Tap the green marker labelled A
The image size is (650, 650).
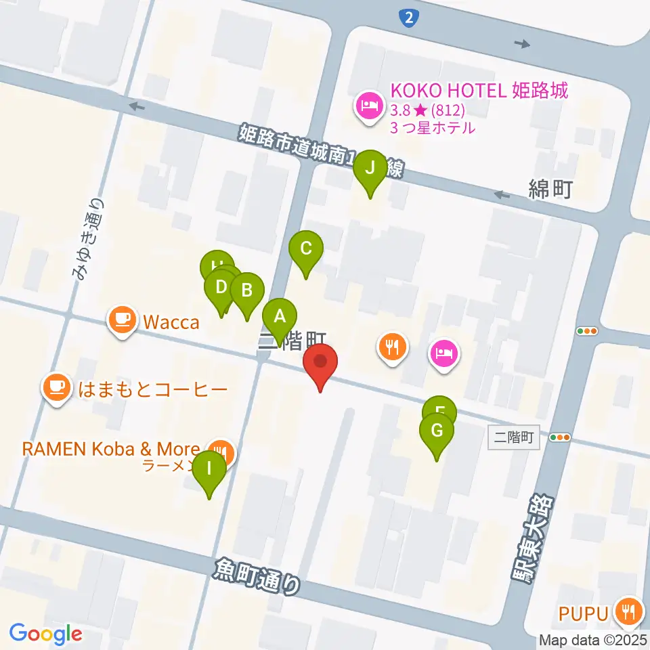click(x=279, y=316)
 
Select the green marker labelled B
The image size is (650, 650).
click(x=247, y=290)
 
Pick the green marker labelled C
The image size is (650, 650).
click(x=306, y=248)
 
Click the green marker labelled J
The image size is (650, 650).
click(x=370, y=167)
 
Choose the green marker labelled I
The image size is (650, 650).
click(x=209, y=469)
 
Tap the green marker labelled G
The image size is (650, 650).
click(x=437, y=431)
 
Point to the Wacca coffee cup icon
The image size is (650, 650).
click(x=122, y=319)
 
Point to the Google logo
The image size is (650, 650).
click(x=45, y=634)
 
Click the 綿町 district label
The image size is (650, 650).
click(x=550, y=190)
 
